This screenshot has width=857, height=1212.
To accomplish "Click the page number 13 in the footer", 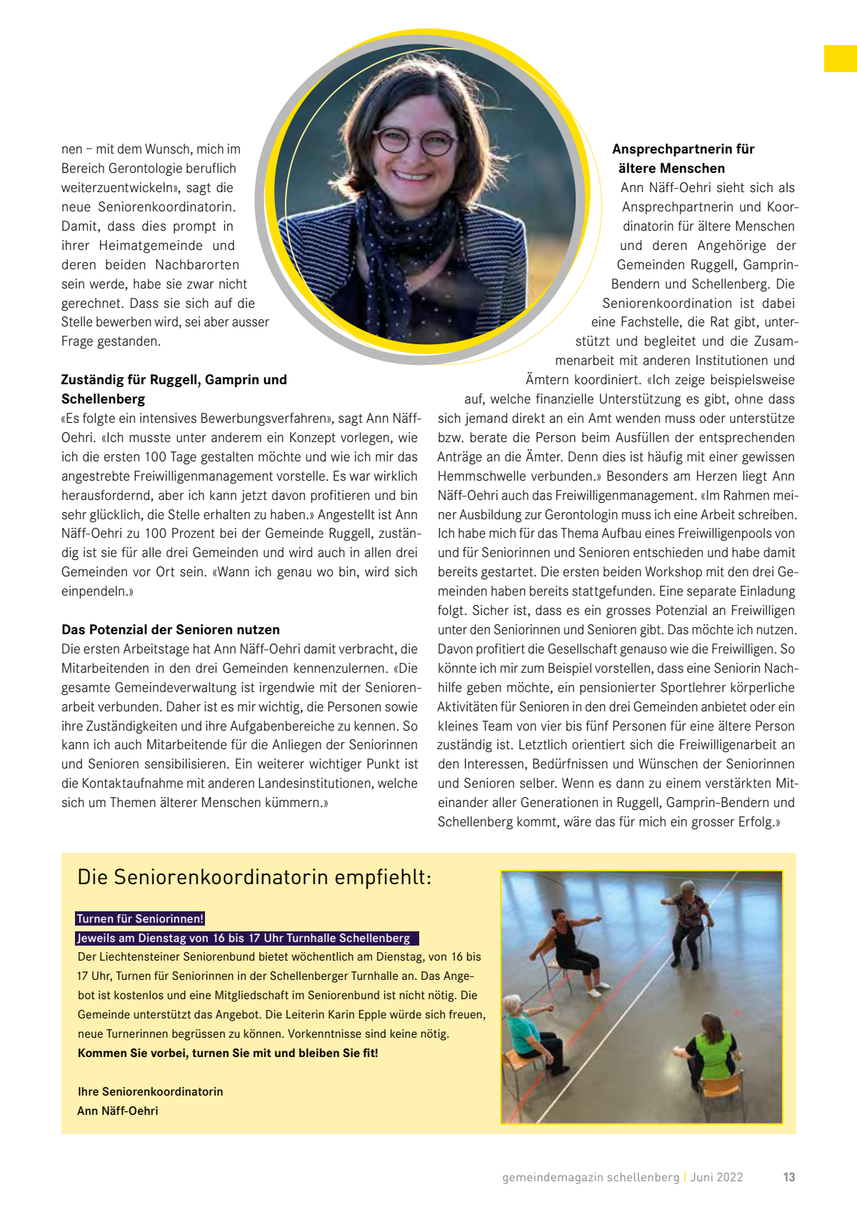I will (788, 1177).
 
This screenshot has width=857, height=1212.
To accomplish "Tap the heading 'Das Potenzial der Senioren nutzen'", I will (171, 630).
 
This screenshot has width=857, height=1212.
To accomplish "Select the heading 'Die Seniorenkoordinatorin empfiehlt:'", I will (254, 877).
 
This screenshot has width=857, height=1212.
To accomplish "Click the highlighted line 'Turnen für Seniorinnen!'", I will (140, 918).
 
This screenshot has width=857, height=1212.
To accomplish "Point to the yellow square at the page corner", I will (840, 59).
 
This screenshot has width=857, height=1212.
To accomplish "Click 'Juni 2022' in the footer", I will (716, 1177).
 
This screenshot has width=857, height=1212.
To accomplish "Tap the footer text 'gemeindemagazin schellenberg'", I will (591, 1177).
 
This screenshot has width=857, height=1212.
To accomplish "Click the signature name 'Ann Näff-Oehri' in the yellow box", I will (118, 1111).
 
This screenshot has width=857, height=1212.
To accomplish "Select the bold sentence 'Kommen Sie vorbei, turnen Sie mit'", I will (228, 1053).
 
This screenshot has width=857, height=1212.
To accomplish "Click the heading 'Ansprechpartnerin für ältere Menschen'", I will (683, 159).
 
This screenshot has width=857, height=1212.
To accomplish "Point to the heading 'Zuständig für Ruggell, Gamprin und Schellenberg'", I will (174, 389).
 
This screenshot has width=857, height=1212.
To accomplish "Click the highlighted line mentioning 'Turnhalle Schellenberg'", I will (246, 938).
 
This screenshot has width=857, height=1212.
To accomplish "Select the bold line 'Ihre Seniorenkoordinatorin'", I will (150, 1091).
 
